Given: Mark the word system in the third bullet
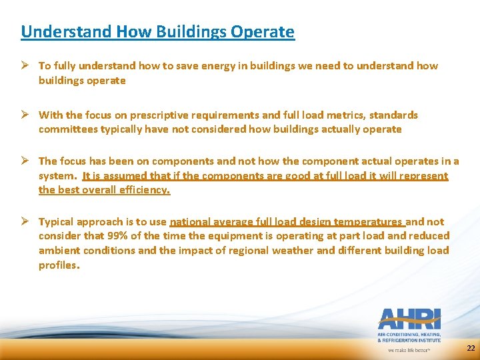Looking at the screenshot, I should [x=57, y=176].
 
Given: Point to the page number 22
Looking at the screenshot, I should [x=471, y=349].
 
